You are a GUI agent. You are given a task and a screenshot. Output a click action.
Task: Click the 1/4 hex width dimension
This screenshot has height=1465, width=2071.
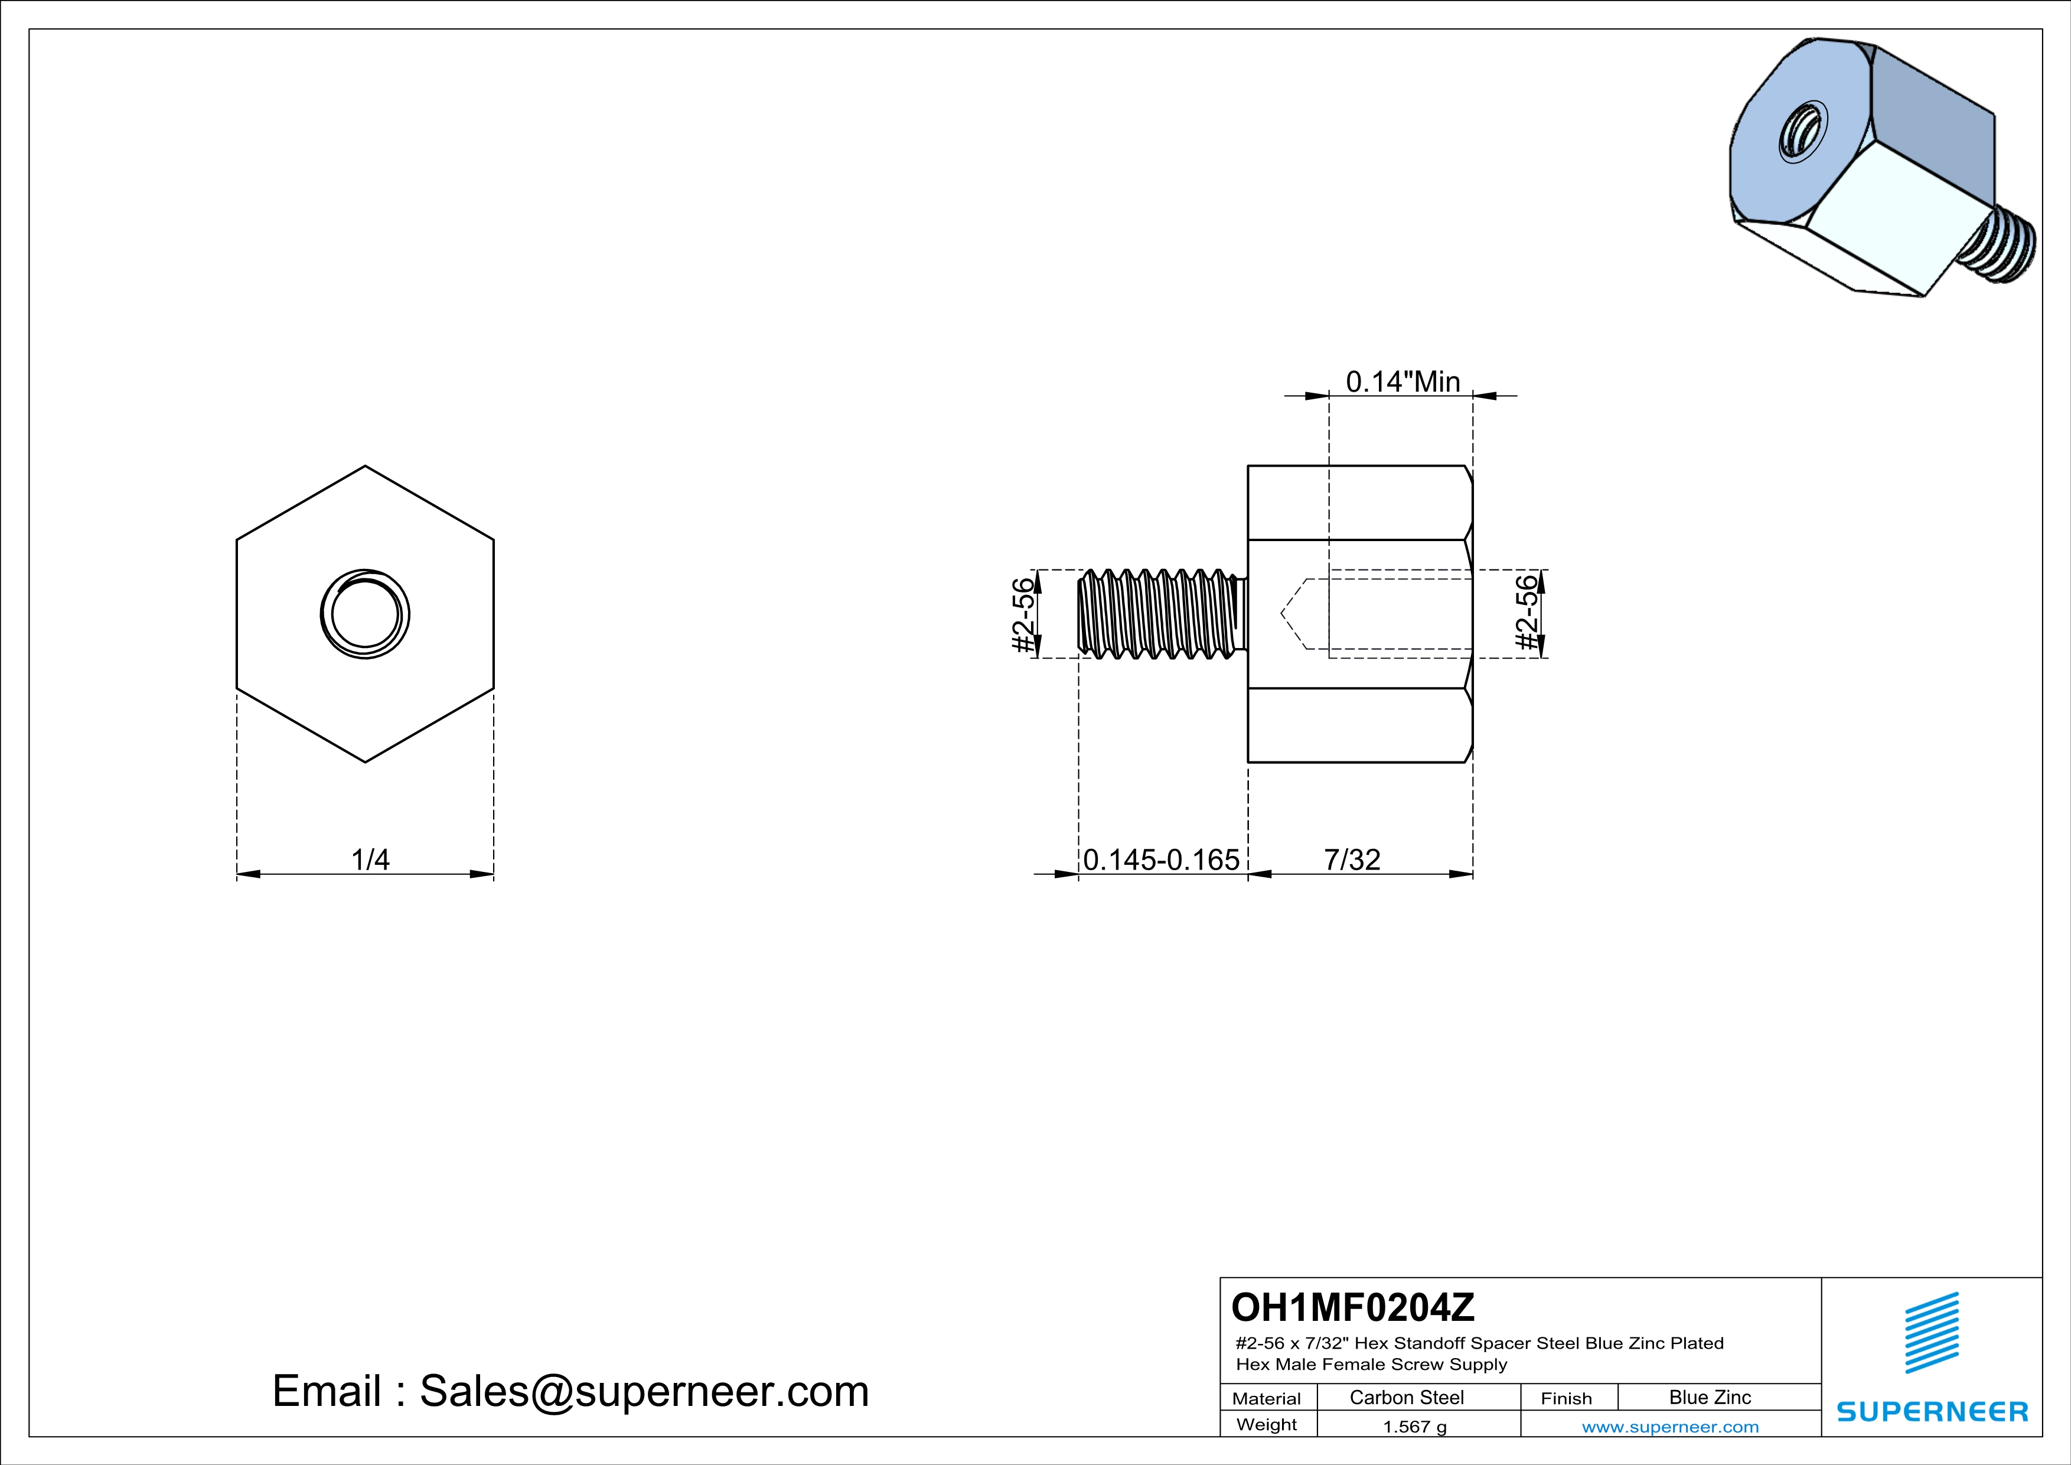[370, 859]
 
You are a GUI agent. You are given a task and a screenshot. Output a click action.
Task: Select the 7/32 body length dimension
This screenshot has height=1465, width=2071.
[1351, 859]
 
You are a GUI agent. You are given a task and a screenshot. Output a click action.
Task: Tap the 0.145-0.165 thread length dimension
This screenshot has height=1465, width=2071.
[1161, 859]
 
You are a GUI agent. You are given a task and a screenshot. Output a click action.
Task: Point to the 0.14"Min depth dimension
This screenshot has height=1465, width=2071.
[1403, 382]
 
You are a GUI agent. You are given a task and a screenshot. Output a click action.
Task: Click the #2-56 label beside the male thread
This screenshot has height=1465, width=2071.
[1023, 614]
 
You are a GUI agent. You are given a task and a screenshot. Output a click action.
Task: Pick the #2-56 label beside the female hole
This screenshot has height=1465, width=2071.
[1526, 613]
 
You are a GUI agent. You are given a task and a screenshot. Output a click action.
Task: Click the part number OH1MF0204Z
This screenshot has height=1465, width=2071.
[1352, 1306]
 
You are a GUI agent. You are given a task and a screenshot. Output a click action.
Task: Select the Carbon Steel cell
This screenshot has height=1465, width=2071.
[1405, 1397]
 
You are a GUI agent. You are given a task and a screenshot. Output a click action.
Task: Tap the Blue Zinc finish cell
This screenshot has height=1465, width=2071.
[1709, 1397]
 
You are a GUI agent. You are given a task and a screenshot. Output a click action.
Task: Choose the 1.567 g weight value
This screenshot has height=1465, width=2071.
[1414, 1426]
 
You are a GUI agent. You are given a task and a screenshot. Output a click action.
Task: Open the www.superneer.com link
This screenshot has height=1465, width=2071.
[1669, 1426]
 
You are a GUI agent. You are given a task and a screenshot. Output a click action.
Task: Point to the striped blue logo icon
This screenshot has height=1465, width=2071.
[1931, 1333]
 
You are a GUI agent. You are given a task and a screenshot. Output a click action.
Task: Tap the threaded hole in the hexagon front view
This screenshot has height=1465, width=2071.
[366, 614]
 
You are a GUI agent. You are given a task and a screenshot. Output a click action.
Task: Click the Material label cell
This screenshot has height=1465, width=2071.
[1267, 1398]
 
